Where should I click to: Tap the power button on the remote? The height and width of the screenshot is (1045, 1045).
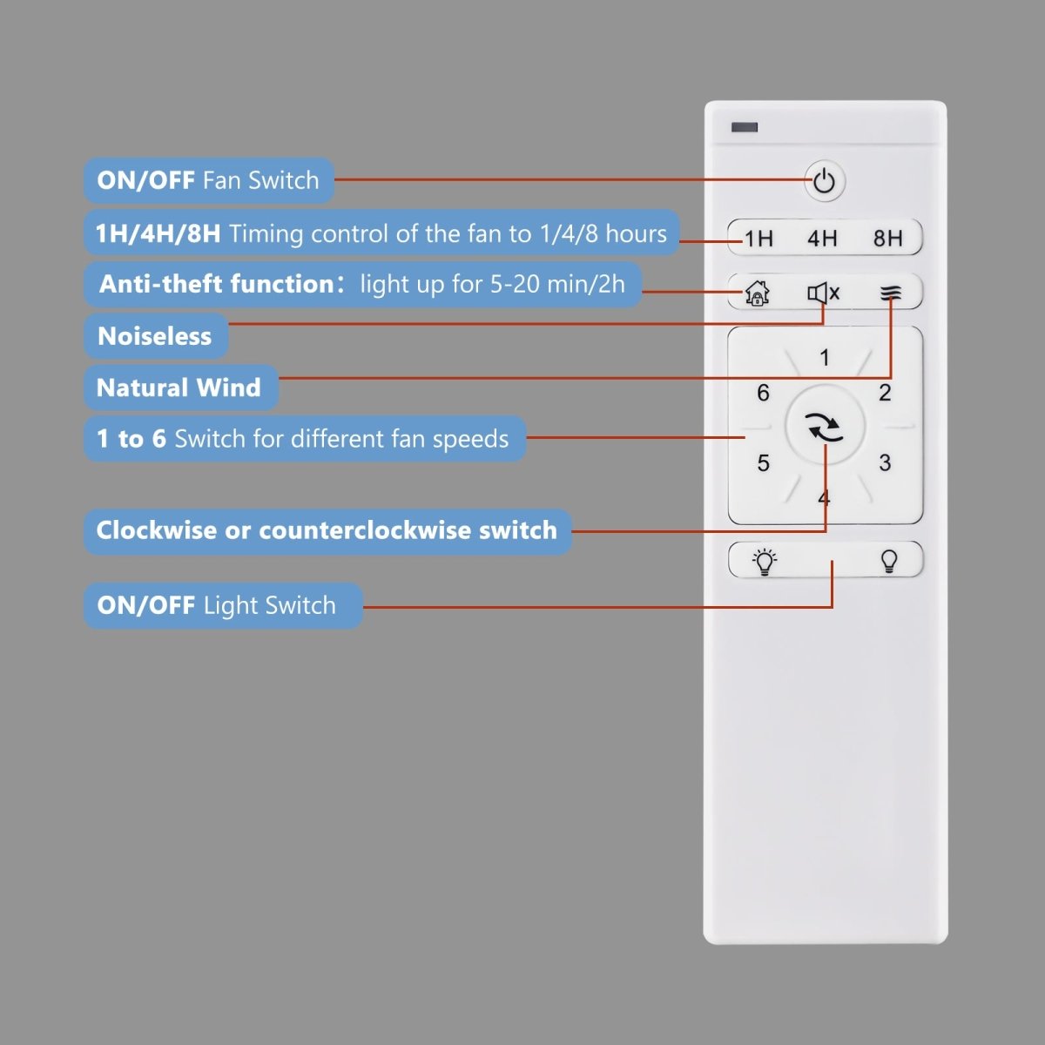pyautogui.click(x=825, y=181)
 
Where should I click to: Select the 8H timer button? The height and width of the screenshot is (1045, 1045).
pyautogui.click(x=887, y=238)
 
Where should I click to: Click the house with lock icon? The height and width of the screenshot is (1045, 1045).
pyautogui.click(x=757, y=293)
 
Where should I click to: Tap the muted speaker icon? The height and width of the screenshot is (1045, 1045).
pyautogui.click(x=823, y=293)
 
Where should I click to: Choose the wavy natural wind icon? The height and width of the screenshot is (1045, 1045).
pyautogui.click(x=891, y=294)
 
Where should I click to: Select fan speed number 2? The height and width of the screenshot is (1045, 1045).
pyautogui.click(x=885, y=393)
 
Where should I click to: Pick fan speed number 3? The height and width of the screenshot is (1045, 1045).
pyautogui.click(x=885, y=462)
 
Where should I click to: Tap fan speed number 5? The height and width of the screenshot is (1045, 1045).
pyautogui.click(x=764, y=462)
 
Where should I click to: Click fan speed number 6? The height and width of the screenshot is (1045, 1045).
pyautogui.click(x=763, y=393)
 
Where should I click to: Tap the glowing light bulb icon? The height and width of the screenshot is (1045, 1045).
pyautogui.click(x=764, y=562)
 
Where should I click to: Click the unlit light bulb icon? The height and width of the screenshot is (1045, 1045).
pyautogui.click(x=889, y=562)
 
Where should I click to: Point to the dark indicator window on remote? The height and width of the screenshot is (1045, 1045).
pyautogui.click(x=745, y=127)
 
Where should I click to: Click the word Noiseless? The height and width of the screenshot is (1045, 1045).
pyautogui.click(x=154, y=336)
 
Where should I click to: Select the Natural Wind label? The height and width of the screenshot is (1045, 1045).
pyautogui.click(x=179, y=388)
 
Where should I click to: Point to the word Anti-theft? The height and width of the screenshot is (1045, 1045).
pyautogui.click(x=161, y=284)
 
